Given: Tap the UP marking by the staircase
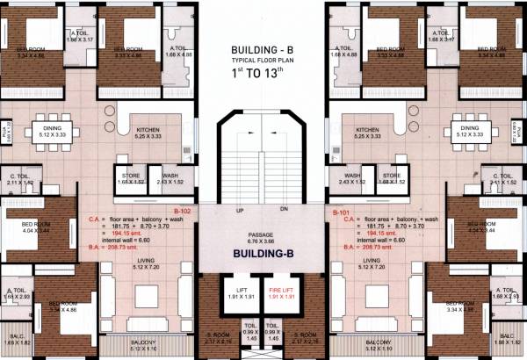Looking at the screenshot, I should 239,211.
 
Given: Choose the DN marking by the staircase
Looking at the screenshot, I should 284,211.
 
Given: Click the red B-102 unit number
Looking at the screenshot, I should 183,212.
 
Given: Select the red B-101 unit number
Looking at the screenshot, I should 342,212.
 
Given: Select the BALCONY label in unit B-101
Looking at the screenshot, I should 378,341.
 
